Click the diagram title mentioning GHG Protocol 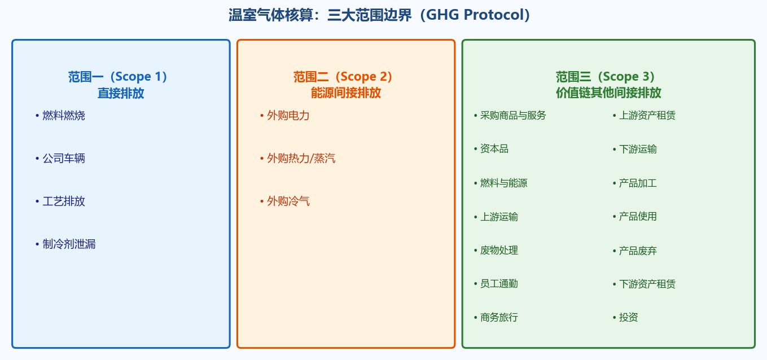pyautogui.click(x=379, y=15)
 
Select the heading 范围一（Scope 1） pyautogui.click(x=118, y=77)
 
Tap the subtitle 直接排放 pyautogui.click(x=121, y=93)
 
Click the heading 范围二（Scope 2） pyautogui.click(x=343, y=77)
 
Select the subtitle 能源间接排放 pyautogui.click(x=346, y=93)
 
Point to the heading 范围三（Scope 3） pyautogui.click(x=606, y=77)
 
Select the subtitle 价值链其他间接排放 pyautogui.click(x=608, y=93)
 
